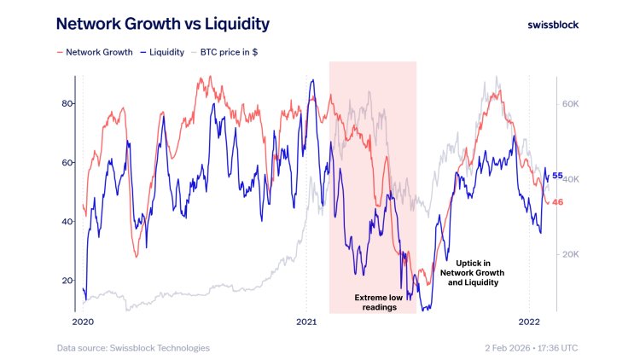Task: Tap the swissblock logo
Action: click(x=553, y=25)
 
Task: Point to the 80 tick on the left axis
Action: click(x=68, y=103)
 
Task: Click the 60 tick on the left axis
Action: click(x=68, y=162)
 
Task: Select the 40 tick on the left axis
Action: click(x=68, y=221)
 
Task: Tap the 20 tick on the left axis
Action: click(x=68, y=280)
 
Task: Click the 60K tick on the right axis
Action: click(x=571, y=103)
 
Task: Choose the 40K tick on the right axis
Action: click(x=571, y=179)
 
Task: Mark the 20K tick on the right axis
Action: click(x=571, y=254)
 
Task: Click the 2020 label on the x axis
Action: click(x=83, y=322)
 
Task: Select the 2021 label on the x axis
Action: click(x=306, y=322)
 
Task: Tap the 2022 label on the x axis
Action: click(x=530, y=322)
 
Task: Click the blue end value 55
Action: click(x=558, y=176)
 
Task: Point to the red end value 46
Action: click(x=558, y=201)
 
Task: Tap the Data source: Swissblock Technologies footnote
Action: click(x=133, y=347)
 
